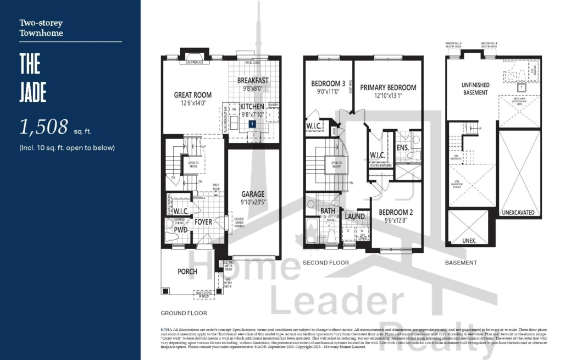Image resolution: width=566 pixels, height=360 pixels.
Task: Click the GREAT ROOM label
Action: pyautogui.click(x=193, y=95)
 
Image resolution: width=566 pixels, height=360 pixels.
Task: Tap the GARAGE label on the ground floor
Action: pyautogui.click(x=253, y=194)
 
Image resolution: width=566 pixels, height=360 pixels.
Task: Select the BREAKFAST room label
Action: pyautogui.click(x=253, y=80)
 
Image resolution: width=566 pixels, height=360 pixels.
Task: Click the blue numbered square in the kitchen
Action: pyautogui.click(x=252, y=124)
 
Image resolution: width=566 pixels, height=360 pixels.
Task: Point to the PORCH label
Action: pyautogui.click(x=187, y=272)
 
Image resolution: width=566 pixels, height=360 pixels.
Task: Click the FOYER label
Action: pyautogui.click(x=203, y=222)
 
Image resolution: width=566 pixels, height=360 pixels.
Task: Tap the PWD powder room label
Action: pyautogui.click(x=181, y=231)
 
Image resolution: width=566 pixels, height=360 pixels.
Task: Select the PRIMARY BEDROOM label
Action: pyautogui.click(x=388, y=87)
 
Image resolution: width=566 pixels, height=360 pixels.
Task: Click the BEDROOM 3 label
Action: pyautogui.click(x=328, y=84)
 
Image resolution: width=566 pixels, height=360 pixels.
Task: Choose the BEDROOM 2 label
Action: pyautogui.click(x=396, y=212)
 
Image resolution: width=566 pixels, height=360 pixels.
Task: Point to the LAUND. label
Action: pyautogui.click(x=355, y=217)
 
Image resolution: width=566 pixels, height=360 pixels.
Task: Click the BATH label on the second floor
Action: pyautogui.click(x=328, y=211)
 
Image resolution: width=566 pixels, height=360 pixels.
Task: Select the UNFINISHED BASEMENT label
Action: pyautogui.click(x=475, y=88)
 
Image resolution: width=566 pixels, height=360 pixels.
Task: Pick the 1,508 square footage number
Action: pyautogui.click(x=44, y=127)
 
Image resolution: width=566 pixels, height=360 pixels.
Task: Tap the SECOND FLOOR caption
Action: pyautogui.click(x=326, y=263)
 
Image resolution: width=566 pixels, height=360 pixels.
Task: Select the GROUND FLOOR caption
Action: pyautogui.click(x=184, y=313)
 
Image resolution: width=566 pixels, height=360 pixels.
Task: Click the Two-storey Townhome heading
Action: pyautogui.click(x=41, y=28)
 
